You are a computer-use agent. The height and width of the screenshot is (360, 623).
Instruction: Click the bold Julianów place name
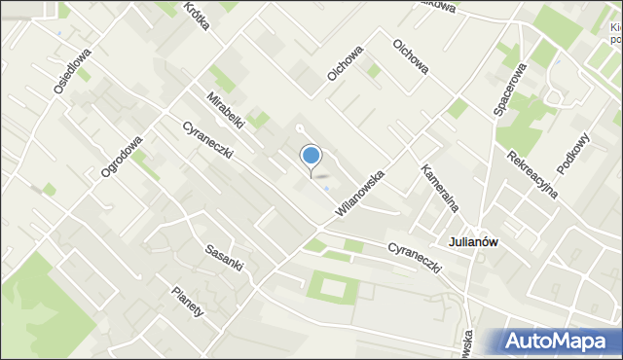[473, 241]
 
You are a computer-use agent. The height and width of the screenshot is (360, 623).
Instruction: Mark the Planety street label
[187, 302]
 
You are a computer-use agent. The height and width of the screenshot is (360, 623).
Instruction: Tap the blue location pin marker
[311, 156]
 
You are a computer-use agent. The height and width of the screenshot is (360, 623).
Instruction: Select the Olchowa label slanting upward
[345, 61]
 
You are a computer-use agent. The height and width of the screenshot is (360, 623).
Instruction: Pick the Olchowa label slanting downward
[410, 55]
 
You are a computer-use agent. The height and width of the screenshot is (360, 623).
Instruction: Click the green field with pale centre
[331, 287]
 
